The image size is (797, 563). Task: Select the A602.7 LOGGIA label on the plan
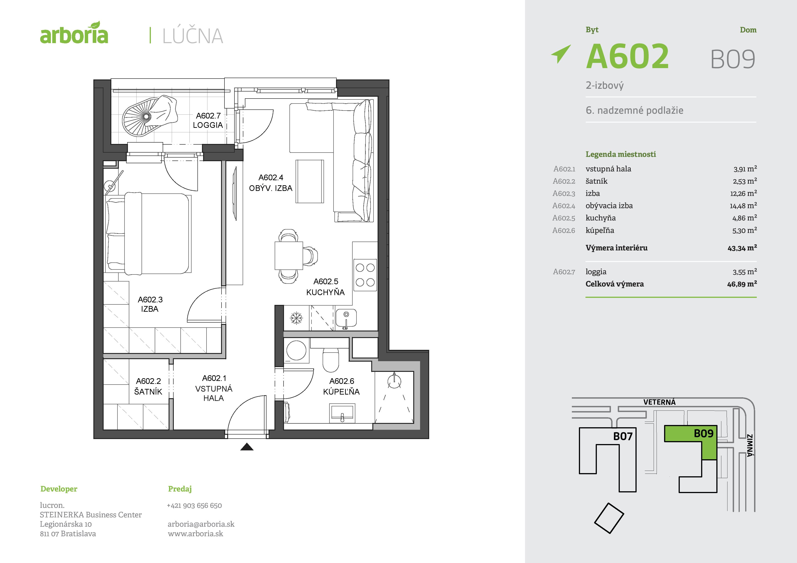208,120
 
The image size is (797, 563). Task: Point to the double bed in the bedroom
149,233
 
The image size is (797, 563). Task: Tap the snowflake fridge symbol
296,318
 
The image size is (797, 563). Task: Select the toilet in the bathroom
331,359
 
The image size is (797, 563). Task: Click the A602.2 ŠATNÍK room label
148,386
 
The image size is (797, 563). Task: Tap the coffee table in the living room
310,181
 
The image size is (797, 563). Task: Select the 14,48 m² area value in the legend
743,206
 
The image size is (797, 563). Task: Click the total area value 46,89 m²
742,284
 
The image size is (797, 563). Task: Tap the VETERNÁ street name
659,402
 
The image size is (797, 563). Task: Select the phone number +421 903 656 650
194,505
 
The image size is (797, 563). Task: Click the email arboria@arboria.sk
201,524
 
